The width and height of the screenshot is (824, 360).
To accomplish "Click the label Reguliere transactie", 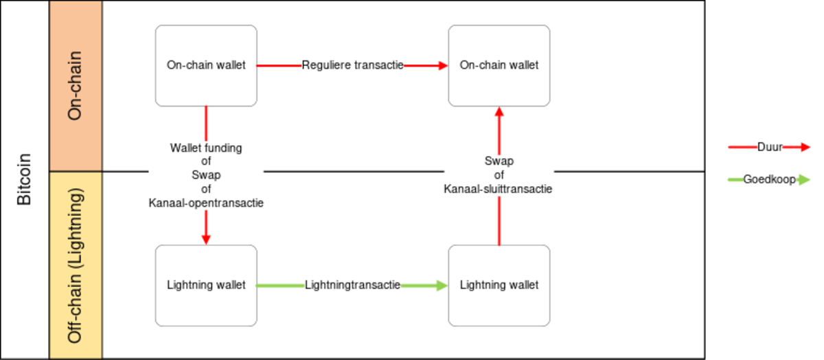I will (x=352, y=66).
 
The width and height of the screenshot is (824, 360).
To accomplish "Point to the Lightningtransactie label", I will (x=352, y=285).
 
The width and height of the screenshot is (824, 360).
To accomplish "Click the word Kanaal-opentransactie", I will (x=206, y=203).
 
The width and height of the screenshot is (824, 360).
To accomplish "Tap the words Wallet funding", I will (x=206, y=148).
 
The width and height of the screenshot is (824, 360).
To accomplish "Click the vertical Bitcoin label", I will (x=24, y=180).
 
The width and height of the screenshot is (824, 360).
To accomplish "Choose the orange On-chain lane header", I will (x=76, y=86).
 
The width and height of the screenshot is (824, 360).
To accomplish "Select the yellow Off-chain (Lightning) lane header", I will (x=76, y=265).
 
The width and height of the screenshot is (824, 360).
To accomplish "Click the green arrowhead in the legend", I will (x=804, y=180).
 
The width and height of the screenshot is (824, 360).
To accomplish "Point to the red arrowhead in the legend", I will (x=804, y=146).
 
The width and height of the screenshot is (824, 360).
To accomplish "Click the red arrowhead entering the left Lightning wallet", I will (x=206, y=238).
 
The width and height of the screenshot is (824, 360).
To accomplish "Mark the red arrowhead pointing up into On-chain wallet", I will (x=499, y=114).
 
